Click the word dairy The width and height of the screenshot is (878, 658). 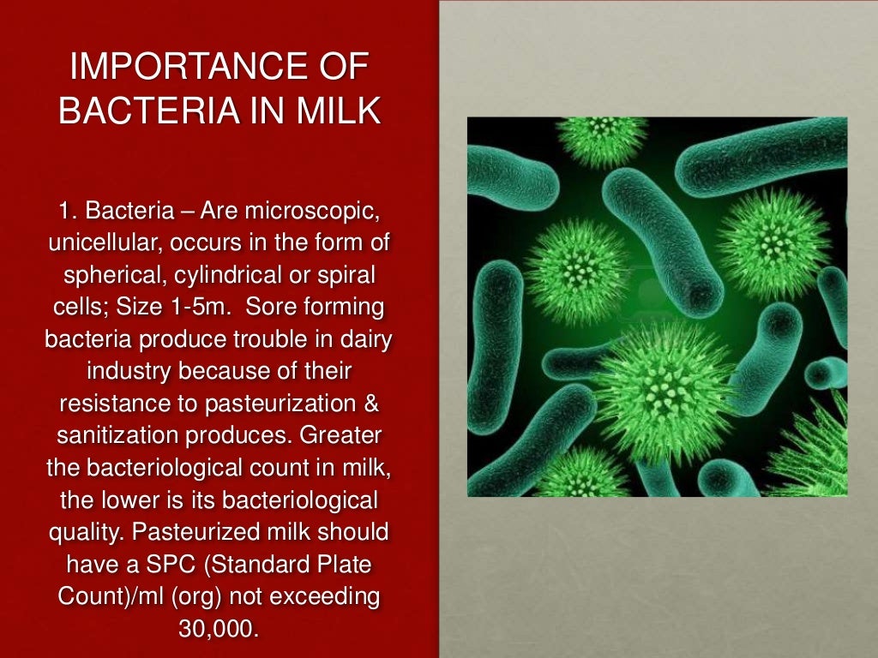(x=366, y=339)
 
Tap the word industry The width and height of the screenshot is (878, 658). (x=123, y=371)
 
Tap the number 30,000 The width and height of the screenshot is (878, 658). (x=219, y=628)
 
